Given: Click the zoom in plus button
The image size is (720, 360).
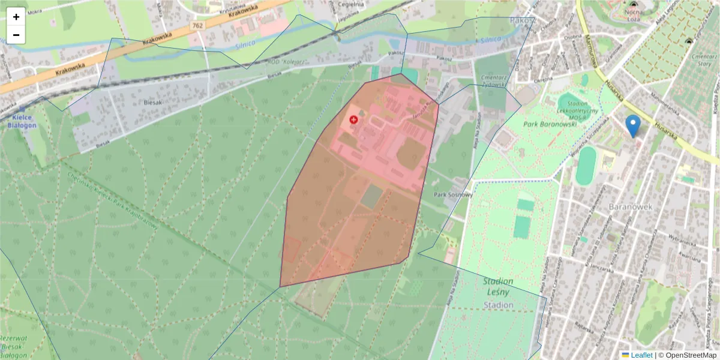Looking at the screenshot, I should click(16, 17).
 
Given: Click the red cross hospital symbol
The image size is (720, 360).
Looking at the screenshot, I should click(353, 120).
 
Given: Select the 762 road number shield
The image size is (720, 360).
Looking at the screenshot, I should click(198, 26).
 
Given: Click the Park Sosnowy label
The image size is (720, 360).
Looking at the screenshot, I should click(454, 195).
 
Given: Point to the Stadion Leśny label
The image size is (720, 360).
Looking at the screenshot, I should click(499, 287).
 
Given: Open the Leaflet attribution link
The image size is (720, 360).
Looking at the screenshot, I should click(641, 355).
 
